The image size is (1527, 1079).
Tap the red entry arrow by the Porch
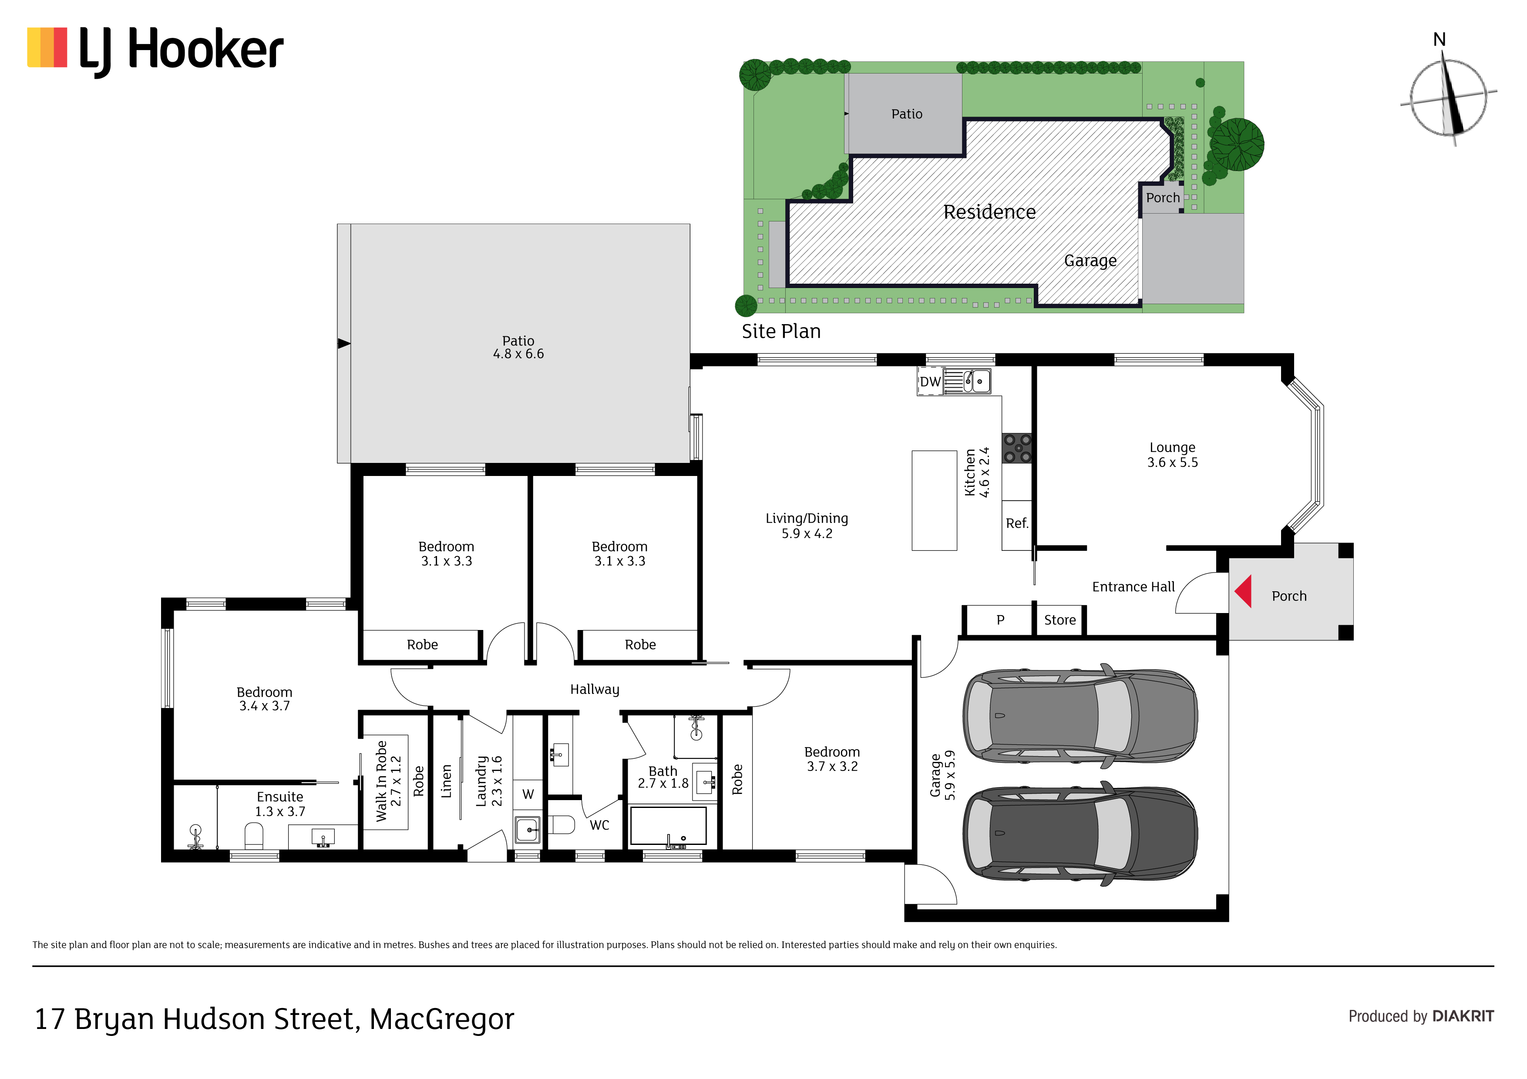click(1244, 591)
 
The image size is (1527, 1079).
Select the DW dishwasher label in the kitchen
click(930, 382)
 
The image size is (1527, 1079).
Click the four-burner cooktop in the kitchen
click(1018, 447)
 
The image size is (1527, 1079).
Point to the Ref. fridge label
click(1017, 523)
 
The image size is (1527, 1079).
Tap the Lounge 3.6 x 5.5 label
click(1173, 455)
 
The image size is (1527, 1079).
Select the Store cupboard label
click(1059, 620)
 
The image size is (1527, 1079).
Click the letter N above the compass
click(1439, 40)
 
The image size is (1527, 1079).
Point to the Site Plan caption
click(781, 331)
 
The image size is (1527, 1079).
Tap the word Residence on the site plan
click(989, 212)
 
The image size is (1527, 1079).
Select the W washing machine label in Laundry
click(528, 794)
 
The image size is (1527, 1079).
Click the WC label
click(599, 825)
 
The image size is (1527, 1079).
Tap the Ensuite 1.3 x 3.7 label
click(280, 804)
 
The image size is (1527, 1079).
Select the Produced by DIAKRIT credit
click(1421, 1016)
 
